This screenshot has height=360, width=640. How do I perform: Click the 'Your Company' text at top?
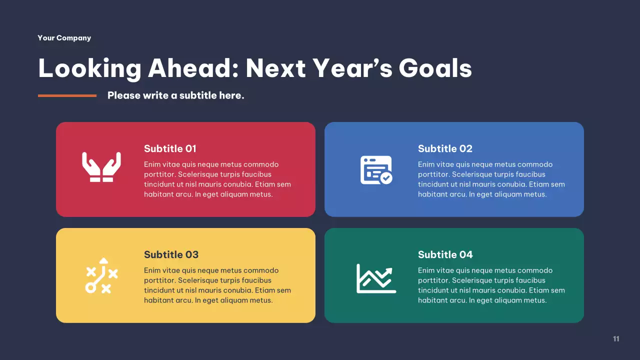64,38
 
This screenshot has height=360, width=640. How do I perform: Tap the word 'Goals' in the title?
435,68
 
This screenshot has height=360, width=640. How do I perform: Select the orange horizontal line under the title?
67,95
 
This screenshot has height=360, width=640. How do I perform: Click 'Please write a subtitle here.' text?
175,95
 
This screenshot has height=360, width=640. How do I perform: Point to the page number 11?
616,339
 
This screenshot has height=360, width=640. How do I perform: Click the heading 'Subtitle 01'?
170,148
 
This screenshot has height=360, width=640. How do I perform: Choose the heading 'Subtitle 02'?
445,148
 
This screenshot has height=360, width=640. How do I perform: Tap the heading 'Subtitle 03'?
171,254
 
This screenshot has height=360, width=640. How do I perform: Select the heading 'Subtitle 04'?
445,254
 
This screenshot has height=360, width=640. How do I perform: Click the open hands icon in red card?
101,167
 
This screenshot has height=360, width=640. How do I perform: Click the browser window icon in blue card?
376,169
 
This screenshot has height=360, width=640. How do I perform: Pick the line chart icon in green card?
376,278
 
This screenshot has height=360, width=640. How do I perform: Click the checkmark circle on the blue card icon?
386,177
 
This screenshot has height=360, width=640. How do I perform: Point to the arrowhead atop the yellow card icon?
103,260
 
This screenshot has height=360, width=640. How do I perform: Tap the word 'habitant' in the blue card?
431,194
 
